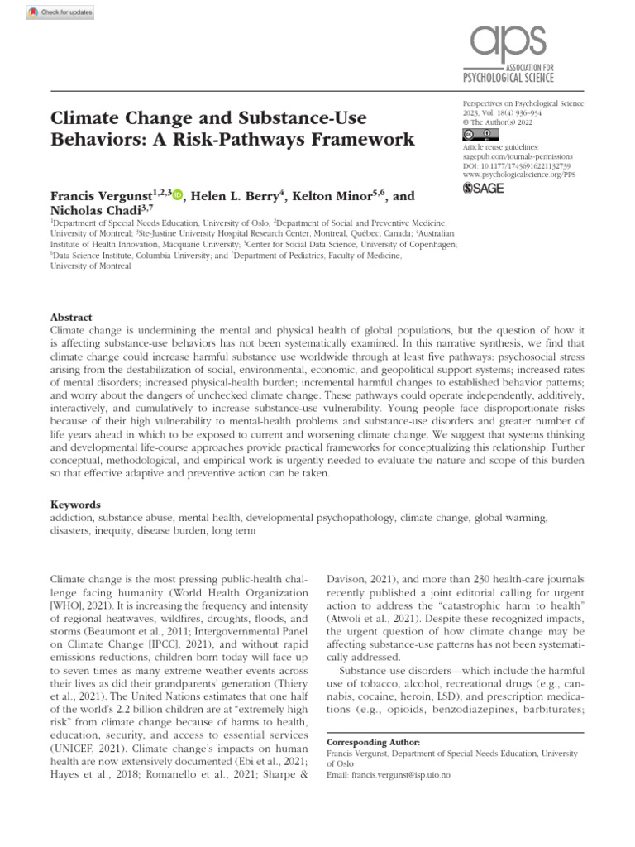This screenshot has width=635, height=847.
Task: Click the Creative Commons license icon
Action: pos(478,134)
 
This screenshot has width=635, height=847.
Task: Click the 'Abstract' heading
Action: pos(72,318)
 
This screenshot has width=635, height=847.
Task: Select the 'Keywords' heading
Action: pos(75,504)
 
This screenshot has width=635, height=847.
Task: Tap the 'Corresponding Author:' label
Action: pos(373,743)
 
